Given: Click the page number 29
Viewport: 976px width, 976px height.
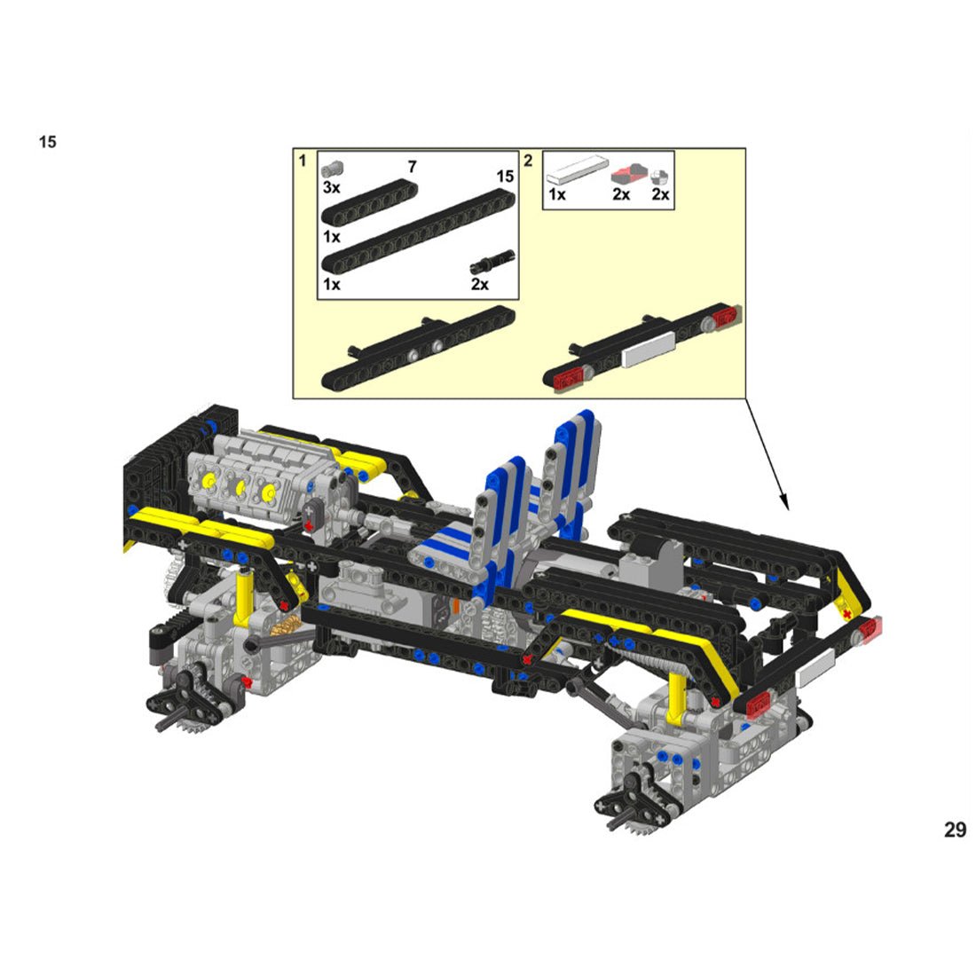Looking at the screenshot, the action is [x=956, y=830].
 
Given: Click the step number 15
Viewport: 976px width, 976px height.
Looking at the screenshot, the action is [x=47, y=142].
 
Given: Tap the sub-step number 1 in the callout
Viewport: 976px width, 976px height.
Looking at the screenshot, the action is [x=303, y=161].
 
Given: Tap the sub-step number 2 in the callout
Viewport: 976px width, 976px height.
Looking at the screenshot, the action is [x=528, y=161].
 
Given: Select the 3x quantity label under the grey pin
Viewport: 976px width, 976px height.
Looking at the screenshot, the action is [x=331, y=187].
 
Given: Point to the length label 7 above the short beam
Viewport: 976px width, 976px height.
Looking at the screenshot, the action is [x=412, y=167].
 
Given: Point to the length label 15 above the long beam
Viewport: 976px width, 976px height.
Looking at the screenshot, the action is [x=505, y=177].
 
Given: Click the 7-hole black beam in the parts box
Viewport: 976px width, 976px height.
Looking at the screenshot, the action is [x=369, y=202].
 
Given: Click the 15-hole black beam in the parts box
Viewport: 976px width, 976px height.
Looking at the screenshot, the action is [x=418, y=232].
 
